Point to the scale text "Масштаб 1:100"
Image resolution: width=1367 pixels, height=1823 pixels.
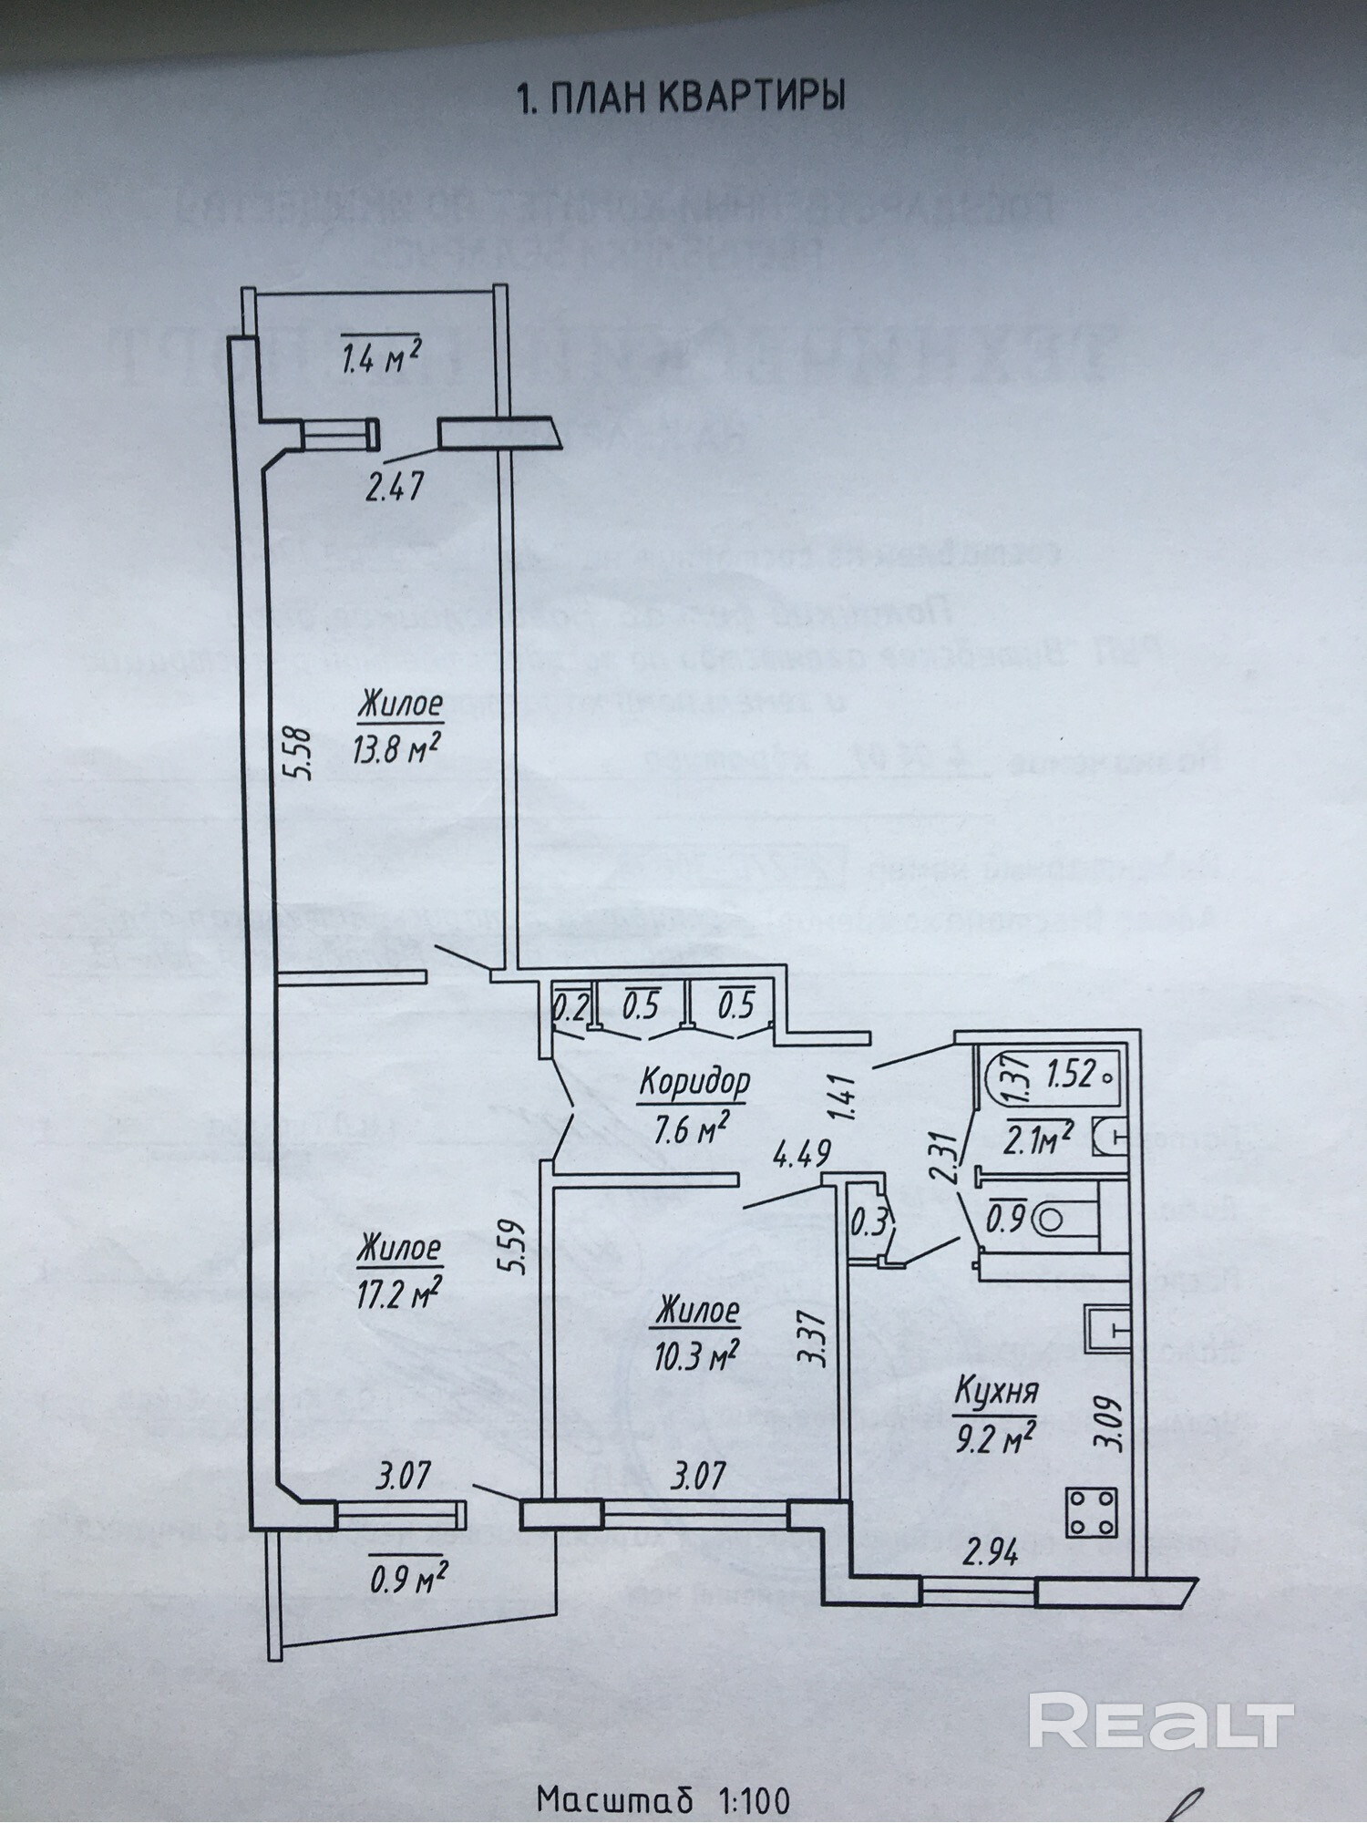coord(663,1799)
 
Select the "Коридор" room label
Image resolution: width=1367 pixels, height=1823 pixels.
coord(694,1082)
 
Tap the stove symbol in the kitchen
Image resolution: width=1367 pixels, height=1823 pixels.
coord(1092,1512)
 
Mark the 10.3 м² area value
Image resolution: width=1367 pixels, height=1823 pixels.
coord(694,1354)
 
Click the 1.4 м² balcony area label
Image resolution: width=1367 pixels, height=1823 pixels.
coord(380,362)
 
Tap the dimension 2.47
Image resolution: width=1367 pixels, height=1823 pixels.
coord(394,489)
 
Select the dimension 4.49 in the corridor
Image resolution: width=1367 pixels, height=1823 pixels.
coord(801,1154)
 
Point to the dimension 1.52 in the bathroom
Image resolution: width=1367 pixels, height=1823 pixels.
coord(1070,1075)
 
